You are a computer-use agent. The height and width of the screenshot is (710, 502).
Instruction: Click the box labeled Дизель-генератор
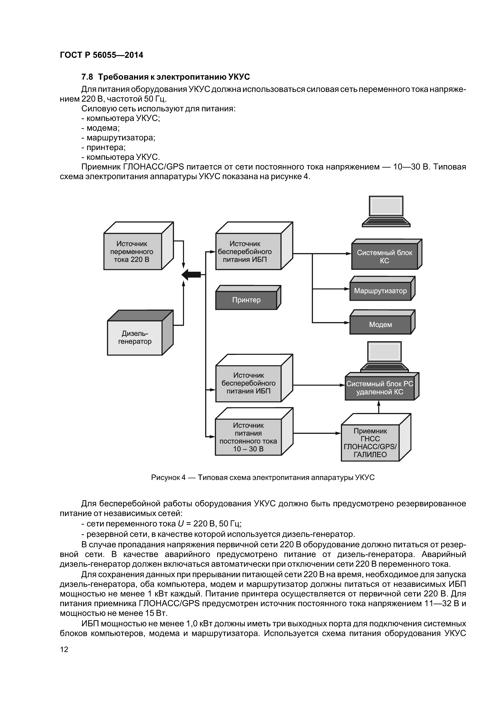tap(135, 338)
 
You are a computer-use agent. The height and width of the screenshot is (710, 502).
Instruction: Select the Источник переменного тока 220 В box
tap(132, 251)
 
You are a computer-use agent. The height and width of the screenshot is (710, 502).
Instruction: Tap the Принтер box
tap(246, 300)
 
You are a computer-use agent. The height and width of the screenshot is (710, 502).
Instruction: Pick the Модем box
tap(380, 325)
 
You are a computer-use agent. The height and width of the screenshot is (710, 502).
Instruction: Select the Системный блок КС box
tap(384, 257)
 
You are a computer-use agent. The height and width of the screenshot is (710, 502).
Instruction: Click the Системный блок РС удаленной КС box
tap(380, 388)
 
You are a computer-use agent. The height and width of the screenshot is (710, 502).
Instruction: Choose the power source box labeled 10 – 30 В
tap(248, 437)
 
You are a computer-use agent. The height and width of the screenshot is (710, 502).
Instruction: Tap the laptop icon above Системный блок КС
tap(386, 212)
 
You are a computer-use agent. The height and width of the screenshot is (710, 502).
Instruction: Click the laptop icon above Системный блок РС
tap(384, 357)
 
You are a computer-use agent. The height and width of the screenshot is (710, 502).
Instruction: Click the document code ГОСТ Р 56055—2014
tap(101, 55)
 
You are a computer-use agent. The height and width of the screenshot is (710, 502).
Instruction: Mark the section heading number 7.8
tap(87, 77)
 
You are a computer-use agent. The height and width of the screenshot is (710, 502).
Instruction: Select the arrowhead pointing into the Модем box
tap(347, 323)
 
